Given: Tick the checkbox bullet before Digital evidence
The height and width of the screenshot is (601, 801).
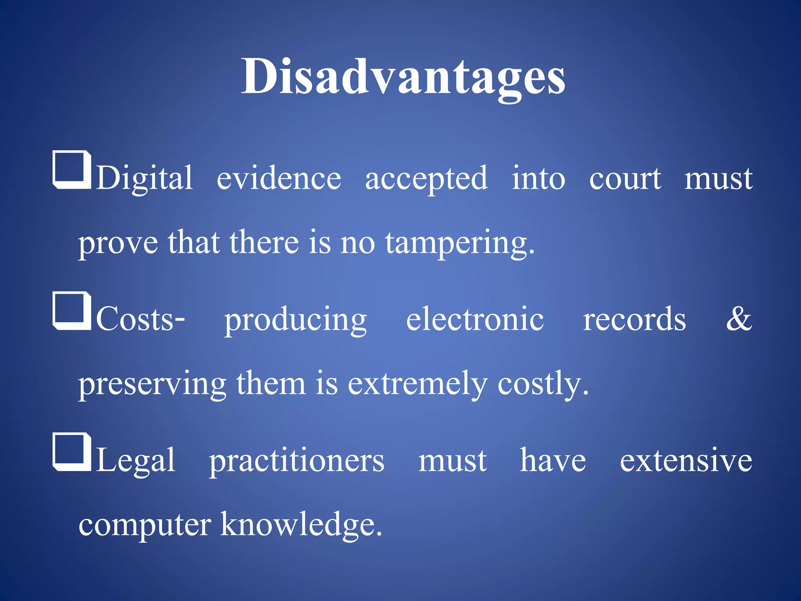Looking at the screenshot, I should click(x=72, y=169).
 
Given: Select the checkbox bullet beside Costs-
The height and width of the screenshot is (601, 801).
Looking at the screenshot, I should click(x=72, y=311).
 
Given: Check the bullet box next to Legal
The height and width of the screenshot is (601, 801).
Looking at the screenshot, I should click(x=72, y=452).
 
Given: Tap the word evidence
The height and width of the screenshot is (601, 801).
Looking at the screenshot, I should click(x=279, y=178).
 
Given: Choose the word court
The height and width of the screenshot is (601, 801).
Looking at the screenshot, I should click(x=625, y=178).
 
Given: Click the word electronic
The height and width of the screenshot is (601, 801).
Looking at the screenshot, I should click(x=475, y=319).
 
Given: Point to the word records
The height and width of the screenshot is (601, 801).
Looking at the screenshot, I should click(x=634, y=319).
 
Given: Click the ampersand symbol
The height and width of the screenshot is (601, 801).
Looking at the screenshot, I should click(x=739, y=318).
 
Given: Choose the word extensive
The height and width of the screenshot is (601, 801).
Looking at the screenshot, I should click(x=686, y=461).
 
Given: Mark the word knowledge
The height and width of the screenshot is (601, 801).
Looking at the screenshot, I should click(x=301, y=525).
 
